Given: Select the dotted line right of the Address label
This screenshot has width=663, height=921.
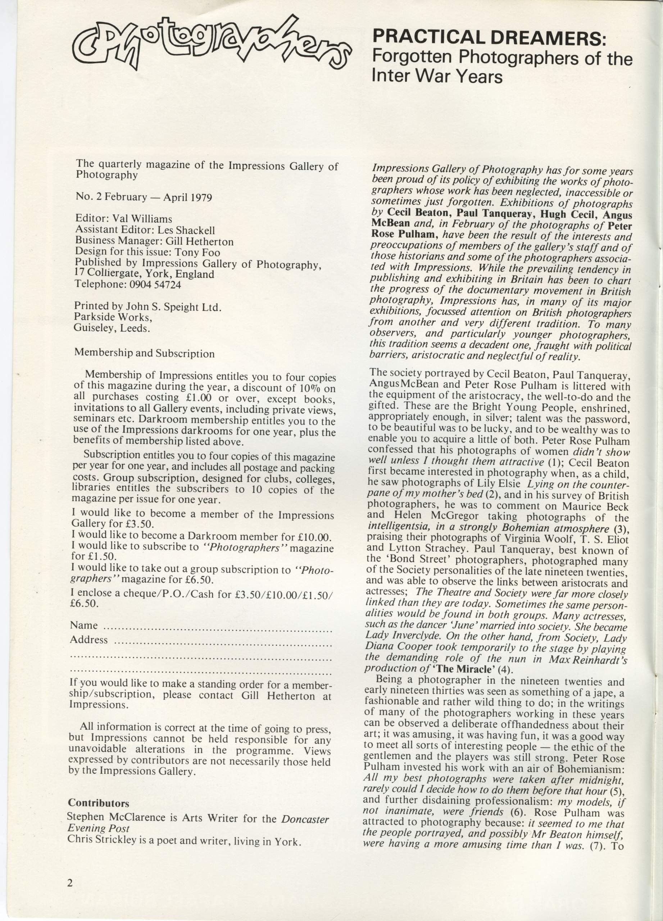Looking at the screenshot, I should click(x=223, y=644).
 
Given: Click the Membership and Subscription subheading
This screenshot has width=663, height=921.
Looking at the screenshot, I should click(x=144, y=353).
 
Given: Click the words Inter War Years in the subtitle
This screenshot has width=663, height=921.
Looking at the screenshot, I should click(x=437, y=76).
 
